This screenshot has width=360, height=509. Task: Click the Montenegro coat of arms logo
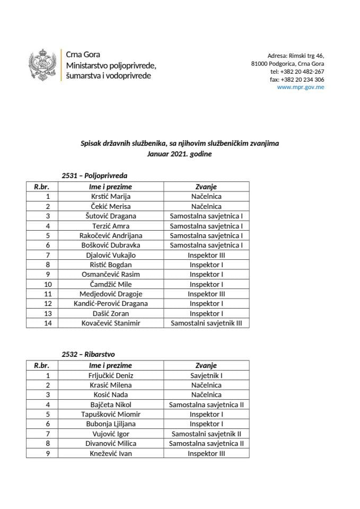pyautogui.click(x=43, y=66)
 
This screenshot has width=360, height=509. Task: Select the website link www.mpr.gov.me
pyautogui.click(x=301, y=87)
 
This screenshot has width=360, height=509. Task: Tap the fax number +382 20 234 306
pyautogui.click(x=297, y=79)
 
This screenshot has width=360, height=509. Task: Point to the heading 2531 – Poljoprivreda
pyautogui.click(x=95, y=175)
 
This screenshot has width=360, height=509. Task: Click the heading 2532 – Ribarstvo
pyautogui.click(x=89, y=354)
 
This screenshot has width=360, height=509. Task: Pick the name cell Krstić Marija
pyautogui.click(x=110, y=197)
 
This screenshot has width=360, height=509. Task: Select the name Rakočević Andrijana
pyautogui.click(x=110, y=235)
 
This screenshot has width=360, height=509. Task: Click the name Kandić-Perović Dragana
pyautogui.click(x=110, y=303)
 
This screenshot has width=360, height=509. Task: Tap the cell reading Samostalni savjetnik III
pyautogui.click(x=206, y=322)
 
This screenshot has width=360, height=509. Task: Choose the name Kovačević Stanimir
pyautogui.click(x=110, y=322)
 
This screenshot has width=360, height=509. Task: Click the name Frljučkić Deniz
pyautogui.click(x=110, y=375)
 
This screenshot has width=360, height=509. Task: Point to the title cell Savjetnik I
pyautogui.click(x=206, y=375)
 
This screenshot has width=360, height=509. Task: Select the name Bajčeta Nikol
pyautogui.click(x=110, y=405)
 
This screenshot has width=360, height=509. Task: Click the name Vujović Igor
pyautogui.click(x=110, y=434)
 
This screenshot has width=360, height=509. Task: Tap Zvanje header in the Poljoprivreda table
pyautogui.click(x=206, y=187)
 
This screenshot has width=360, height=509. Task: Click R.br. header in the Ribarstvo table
pyautogui.click(x=41, y=365)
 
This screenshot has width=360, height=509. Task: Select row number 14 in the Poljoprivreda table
pyautogui.click(x=48, y=322)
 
